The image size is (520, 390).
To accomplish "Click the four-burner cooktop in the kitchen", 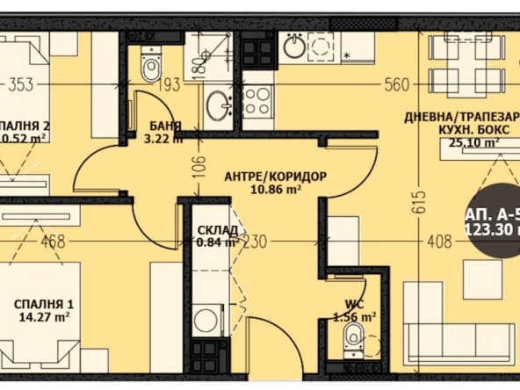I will (x=257, y=102).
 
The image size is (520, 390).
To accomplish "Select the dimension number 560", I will (x=398, y=85).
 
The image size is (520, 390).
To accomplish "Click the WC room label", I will (x=356, y=306).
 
